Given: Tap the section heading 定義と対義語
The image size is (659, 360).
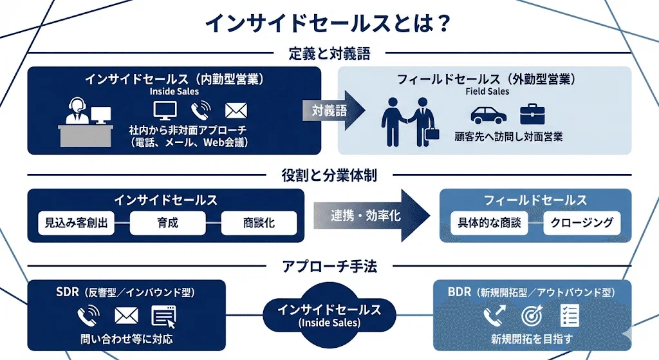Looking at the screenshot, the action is [x=329, y=54].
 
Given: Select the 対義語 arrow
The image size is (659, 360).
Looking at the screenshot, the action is [x=333, y=111].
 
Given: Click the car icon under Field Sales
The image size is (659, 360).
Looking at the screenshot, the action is [x=488, y=115].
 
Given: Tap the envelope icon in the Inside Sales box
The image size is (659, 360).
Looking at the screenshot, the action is [x=236, y=111].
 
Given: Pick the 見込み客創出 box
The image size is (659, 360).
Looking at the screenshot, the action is [x=76, y=223].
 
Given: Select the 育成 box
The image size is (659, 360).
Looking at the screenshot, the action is [x=168, y=223].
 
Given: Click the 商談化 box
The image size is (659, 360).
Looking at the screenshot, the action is [x=259, y=223].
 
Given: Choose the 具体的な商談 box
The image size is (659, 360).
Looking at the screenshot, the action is [x=489, y=222].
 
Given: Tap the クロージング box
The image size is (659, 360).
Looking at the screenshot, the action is [x=582, y=222].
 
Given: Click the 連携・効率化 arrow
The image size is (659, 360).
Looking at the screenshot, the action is [x=372, y=216].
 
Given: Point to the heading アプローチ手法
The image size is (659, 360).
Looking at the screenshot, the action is [x=329, y=266].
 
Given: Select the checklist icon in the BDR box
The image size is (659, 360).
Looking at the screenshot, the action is [x=570, y=316].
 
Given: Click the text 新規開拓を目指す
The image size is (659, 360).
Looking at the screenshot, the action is [x=532, y=339].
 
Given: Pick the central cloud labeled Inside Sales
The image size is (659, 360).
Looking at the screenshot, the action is [x=329, y=314].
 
